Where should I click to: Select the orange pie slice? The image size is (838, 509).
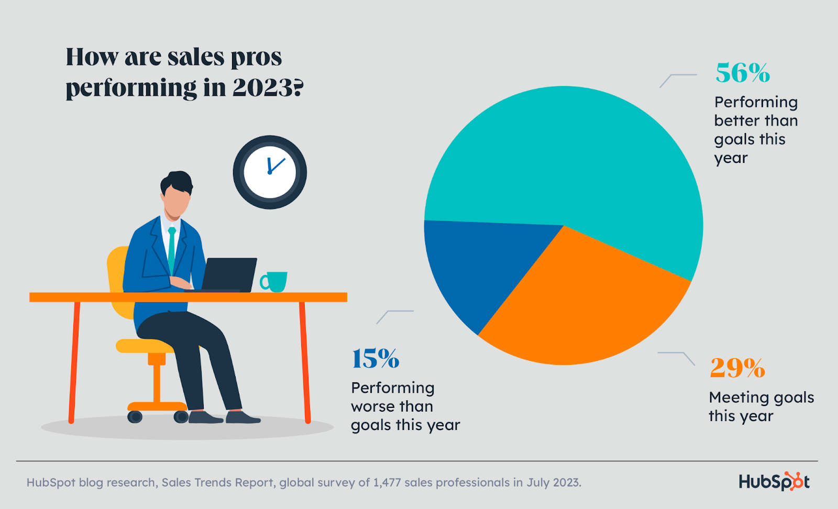pos(581,304)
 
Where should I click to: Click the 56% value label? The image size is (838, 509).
pos(743,73)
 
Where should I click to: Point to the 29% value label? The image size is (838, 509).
pos(737,368)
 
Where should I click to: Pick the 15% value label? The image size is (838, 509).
pos(376,359)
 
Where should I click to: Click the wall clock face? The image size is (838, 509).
pos(270,172)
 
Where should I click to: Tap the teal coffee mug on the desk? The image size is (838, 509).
pos(274,282)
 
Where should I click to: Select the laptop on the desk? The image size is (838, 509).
pos(228,274)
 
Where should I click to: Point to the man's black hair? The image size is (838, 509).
pos(177,181)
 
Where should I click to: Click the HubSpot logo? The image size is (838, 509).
pos(774,481)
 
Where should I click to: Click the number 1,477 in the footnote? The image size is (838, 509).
pos(387,482)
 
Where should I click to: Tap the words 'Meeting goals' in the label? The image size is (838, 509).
pos(761,397)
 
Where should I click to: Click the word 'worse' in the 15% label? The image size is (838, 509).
pos(372,406)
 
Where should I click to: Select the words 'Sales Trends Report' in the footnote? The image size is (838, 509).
pos(218,482)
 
